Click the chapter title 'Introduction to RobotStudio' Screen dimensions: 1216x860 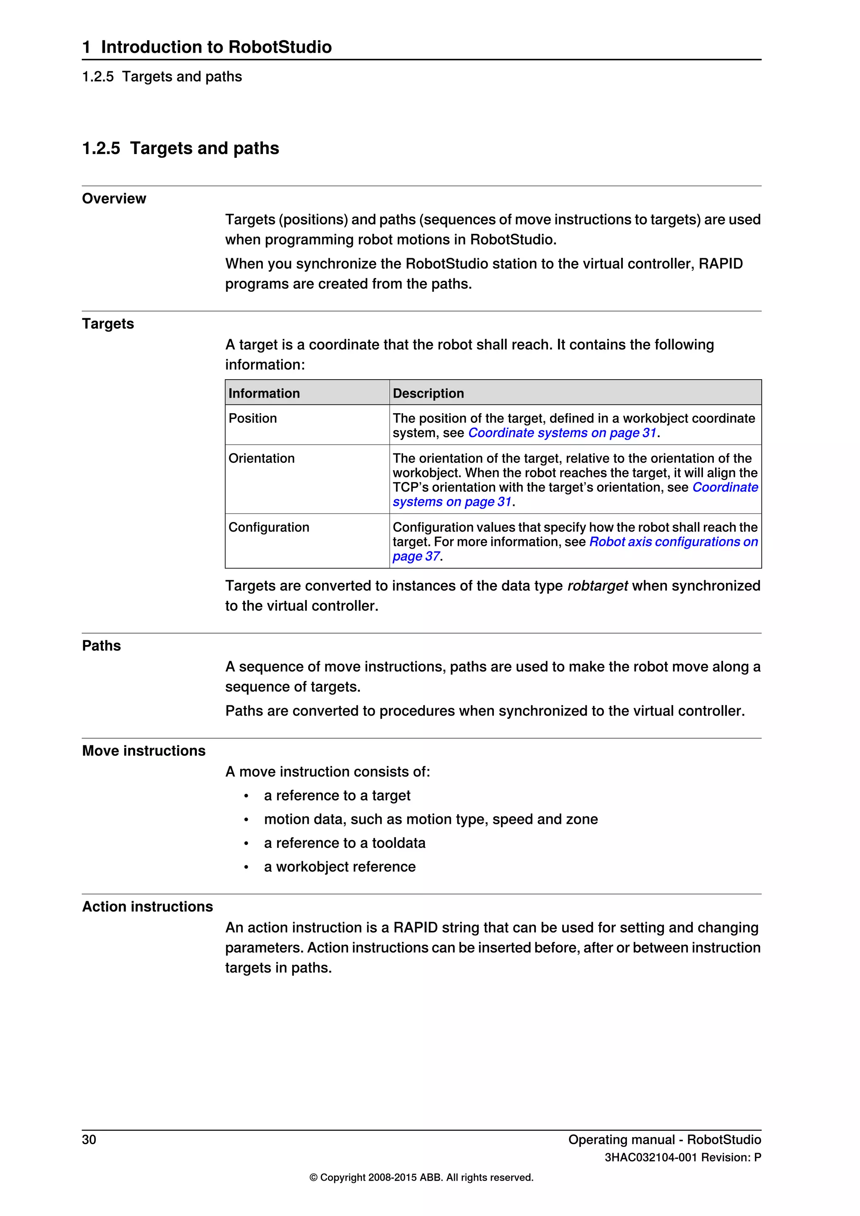point(216,47)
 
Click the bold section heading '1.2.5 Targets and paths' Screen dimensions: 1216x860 point(181,148)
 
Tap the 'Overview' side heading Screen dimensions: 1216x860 point(114,199)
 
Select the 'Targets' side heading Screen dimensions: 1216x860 point(108,324)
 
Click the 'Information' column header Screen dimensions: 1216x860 point(264,393)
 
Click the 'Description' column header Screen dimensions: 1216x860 point(428,393)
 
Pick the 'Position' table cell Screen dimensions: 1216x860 point(253,418)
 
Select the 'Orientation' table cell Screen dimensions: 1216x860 point(262,458)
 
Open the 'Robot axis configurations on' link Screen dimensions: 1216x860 point(673,542)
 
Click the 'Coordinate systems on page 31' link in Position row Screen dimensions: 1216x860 point(562,433)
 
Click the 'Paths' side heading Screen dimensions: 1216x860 point(102,646)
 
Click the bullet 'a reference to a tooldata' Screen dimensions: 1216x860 point(344,843)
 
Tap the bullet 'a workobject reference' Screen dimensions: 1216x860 point(339,867)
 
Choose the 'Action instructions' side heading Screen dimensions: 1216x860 point(147,906)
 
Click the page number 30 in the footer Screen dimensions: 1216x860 point(89,1139)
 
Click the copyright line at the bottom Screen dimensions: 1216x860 point(421,1177)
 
